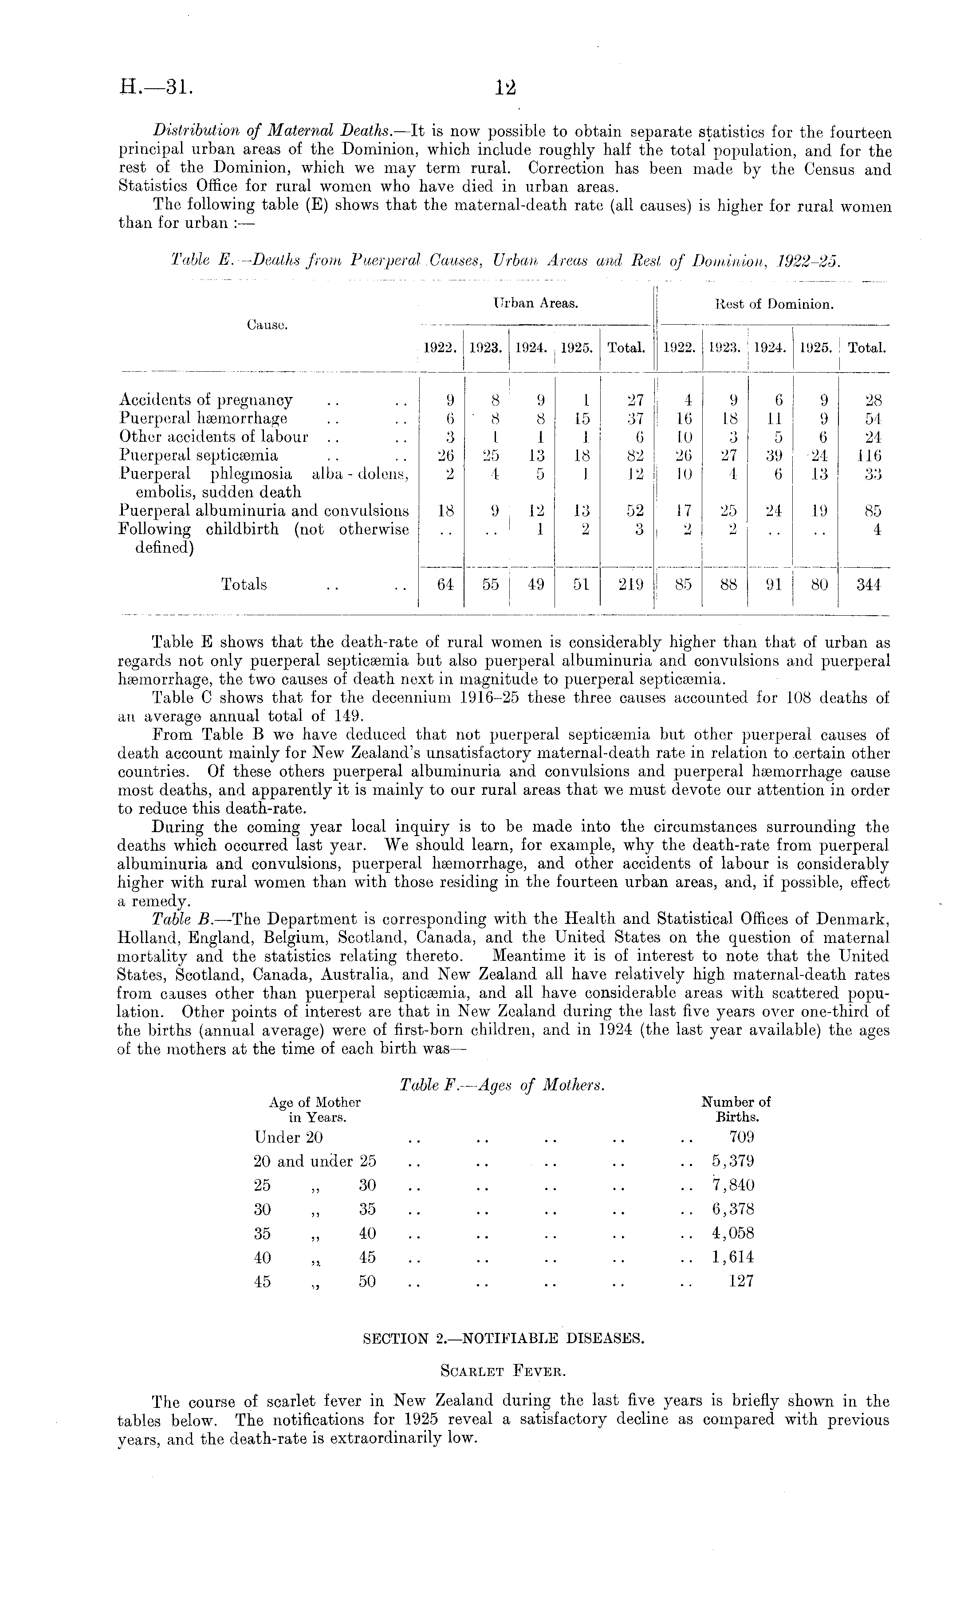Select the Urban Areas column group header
click(535, 303)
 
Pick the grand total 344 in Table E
click(868, 585)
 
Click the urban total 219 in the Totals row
click(630, 585)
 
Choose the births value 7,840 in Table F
click(733, 1185)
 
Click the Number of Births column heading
click(736, 1109)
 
